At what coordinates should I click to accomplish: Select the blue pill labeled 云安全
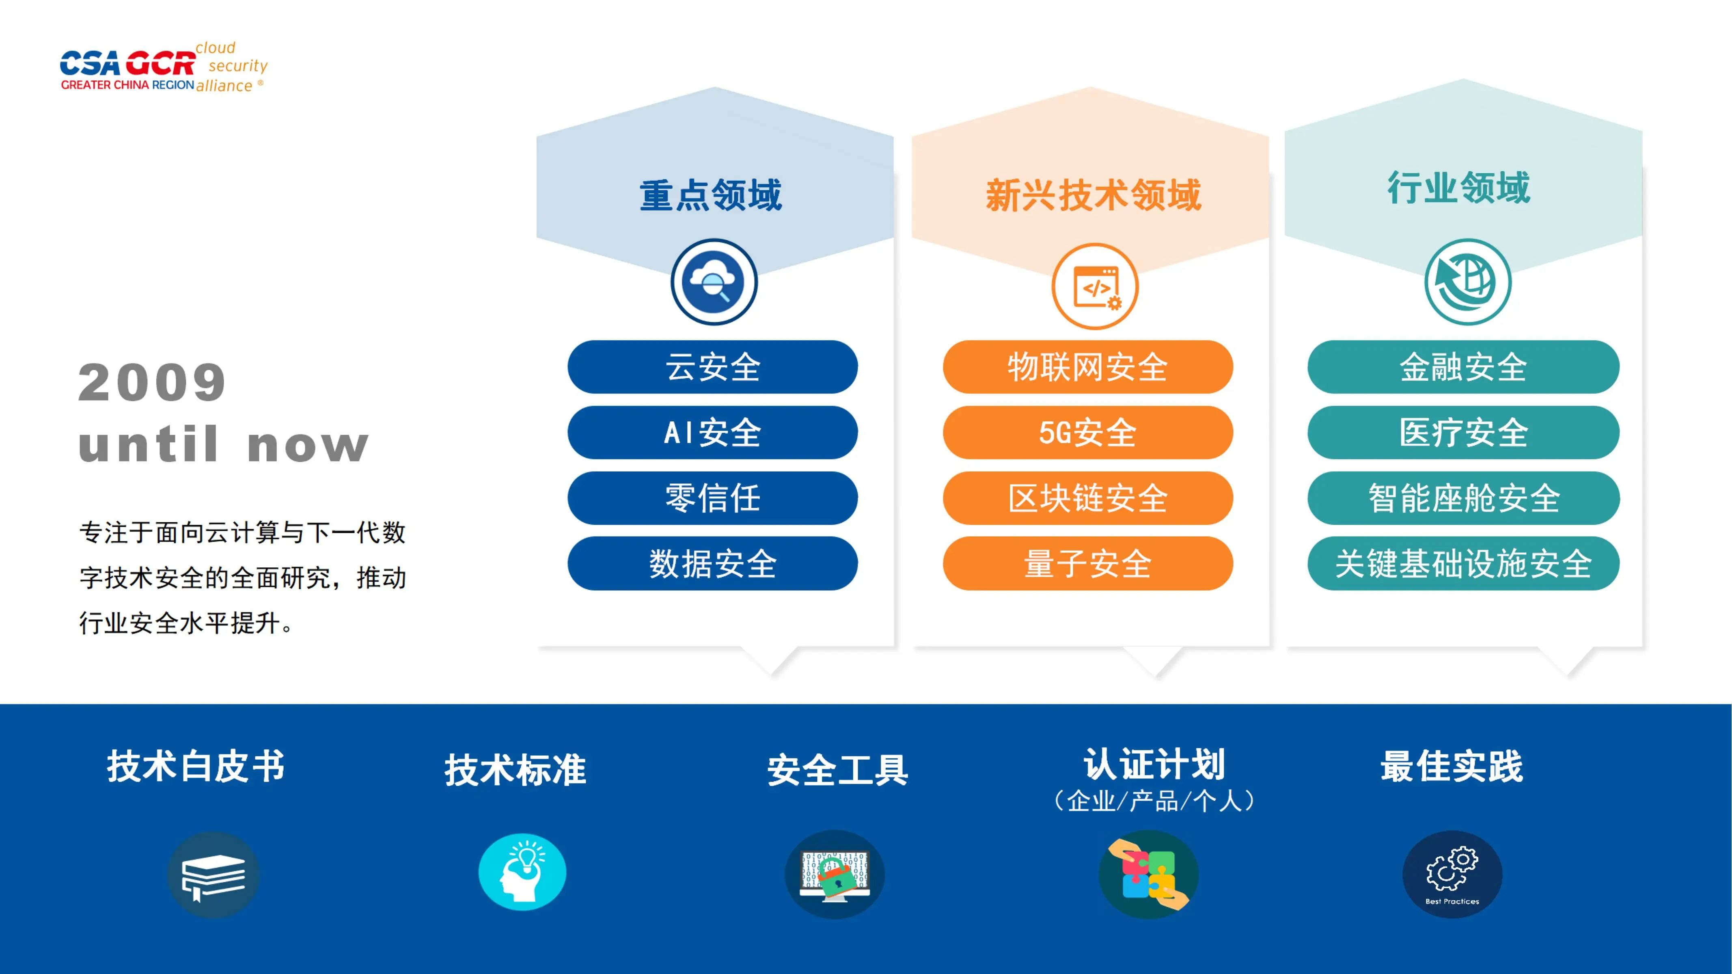coord(713,367)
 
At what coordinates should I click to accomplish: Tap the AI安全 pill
coord(713,432)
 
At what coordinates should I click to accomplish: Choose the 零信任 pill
coord(713,498)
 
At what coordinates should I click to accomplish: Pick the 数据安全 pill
coord(713,563)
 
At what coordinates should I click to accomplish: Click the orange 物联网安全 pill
coord(1088,367)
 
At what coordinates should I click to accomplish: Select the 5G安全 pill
coord(1088,432)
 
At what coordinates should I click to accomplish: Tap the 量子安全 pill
coord(1088,563)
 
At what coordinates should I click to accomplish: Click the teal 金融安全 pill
coord(1463,367)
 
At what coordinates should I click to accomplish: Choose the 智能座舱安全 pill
coord(1463,498)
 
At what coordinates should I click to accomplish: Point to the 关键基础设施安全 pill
coord(1463,563)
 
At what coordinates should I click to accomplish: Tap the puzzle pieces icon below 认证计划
coord(1148,875)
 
